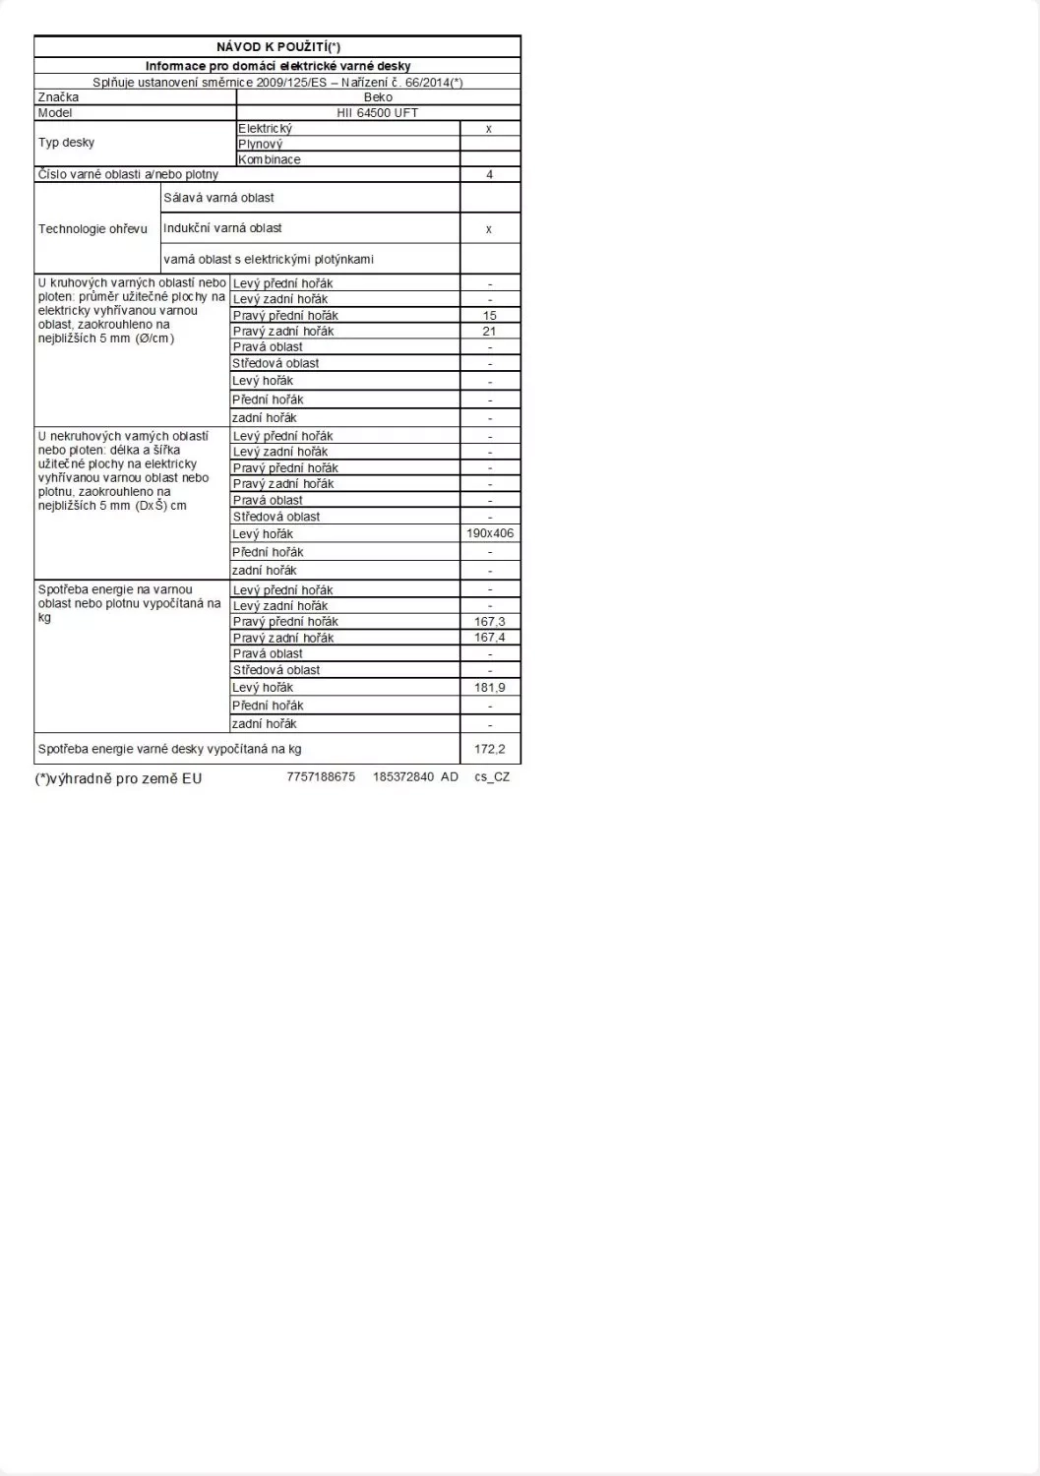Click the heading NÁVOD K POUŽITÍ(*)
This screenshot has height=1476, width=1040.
277,46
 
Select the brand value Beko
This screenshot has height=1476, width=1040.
378,97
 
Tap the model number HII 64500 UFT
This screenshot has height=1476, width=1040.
378,113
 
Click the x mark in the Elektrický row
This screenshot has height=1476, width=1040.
489,129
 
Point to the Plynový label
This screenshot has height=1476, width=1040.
261,144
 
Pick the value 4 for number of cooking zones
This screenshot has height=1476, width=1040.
489,174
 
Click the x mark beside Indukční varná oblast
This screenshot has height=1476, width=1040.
489,229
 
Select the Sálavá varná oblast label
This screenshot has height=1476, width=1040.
219,198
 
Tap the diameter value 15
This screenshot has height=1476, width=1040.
490,316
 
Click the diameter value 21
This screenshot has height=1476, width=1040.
490,332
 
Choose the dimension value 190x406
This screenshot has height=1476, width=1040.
490,533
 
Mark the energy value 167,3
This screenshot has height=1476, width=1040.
490,622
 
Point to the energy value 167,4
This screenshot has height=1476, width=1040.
490,638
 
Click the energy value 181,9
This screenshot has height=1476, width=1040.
490,688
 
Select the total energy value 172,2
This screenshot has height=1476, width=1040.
490,749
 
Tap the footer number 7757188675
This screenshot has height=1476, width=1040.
321,777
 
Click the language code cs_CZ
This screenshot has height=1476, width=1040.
492,777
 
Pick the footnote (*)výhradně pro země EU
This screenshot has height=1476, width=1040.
118,778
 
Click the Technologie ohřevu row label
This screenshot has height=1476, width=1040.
92,229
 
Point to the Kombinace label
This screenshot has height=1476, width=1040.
270,159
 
